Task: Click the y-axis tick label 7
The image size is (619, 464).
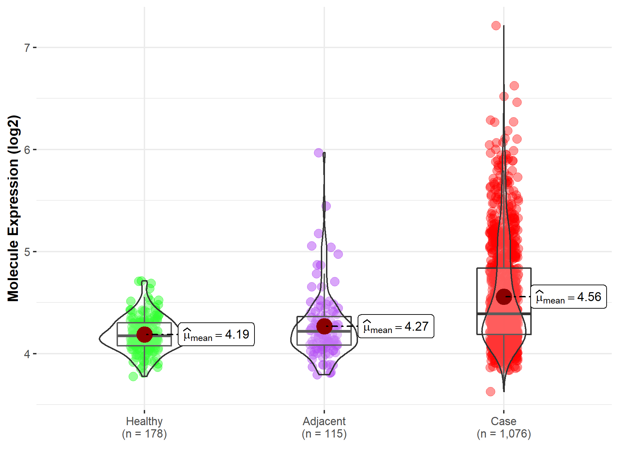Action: pyautogui.click(x=27, y=48)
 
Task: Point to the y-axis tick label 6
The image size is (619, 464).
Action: pyautogui.click(x=27, y=150)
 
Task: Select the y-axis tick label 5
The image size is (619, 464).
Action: pyautogui.click(x=27, y=252)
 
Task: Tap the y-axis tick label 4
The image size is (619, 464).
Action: pyautogui.click(x=27, y=354)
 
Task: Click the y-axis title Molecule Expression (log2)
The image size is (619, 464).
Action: pyautogui.click(x=13, y=208)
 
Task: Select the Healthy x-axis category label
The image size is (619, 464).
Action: pyautogui.click(x=144, y=421)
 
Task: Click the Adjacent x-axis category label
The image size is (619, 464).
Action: pyautogui.click(x=324, y=421)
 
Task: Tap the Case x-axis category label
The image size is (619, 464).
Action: pyautogui.click(x=503, y=421)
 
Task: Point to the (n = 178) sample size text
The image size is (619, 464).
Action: pyautogui.click(x=144, y=434)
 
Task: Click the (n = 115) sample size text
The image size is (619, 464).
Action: pyautogui.click(x=324, y=434)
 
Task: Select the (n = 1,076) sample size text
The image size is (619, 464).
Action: pyautogui.click(x=503, y=434)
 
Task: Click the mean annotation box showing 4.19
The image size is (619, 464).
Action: pyautogui.click(x=216, y=334)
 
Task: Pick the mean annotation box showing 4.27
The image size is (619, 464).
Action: pyautogui.click(x=396, y=326)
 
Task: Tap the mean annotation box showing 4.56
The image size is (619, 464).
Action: pyautogui.click(x=568, y=297)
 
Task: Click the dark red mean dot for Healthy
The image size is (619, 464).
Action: pyautogui.click(x=144, y=334)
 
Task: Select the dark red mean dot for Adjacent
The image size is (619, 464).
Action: pyautogui.click(x=324, y=326)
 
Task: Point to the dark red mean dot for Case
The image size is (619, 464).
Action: pyautogui.click(x=504, y=297)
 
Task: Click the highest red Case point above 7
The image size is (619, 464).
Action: pyautogui.click(x=496, y=25)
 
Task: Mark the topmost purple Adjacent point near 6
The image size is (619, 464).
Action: pyautogui.click(x=319, y=153)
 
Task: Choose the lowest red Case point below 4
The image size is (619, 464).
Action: pyautogui.click(x=490, y=391)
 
